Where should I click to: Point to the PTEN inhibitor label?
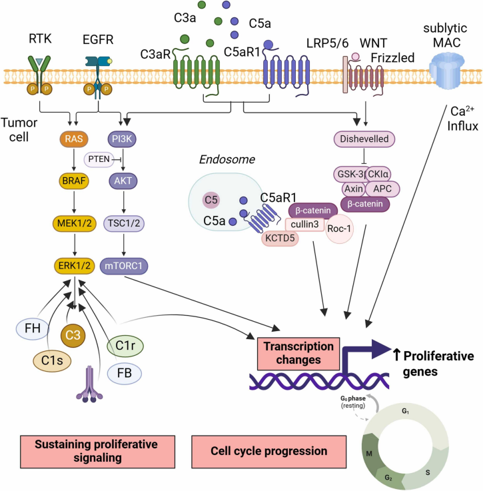97,140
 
